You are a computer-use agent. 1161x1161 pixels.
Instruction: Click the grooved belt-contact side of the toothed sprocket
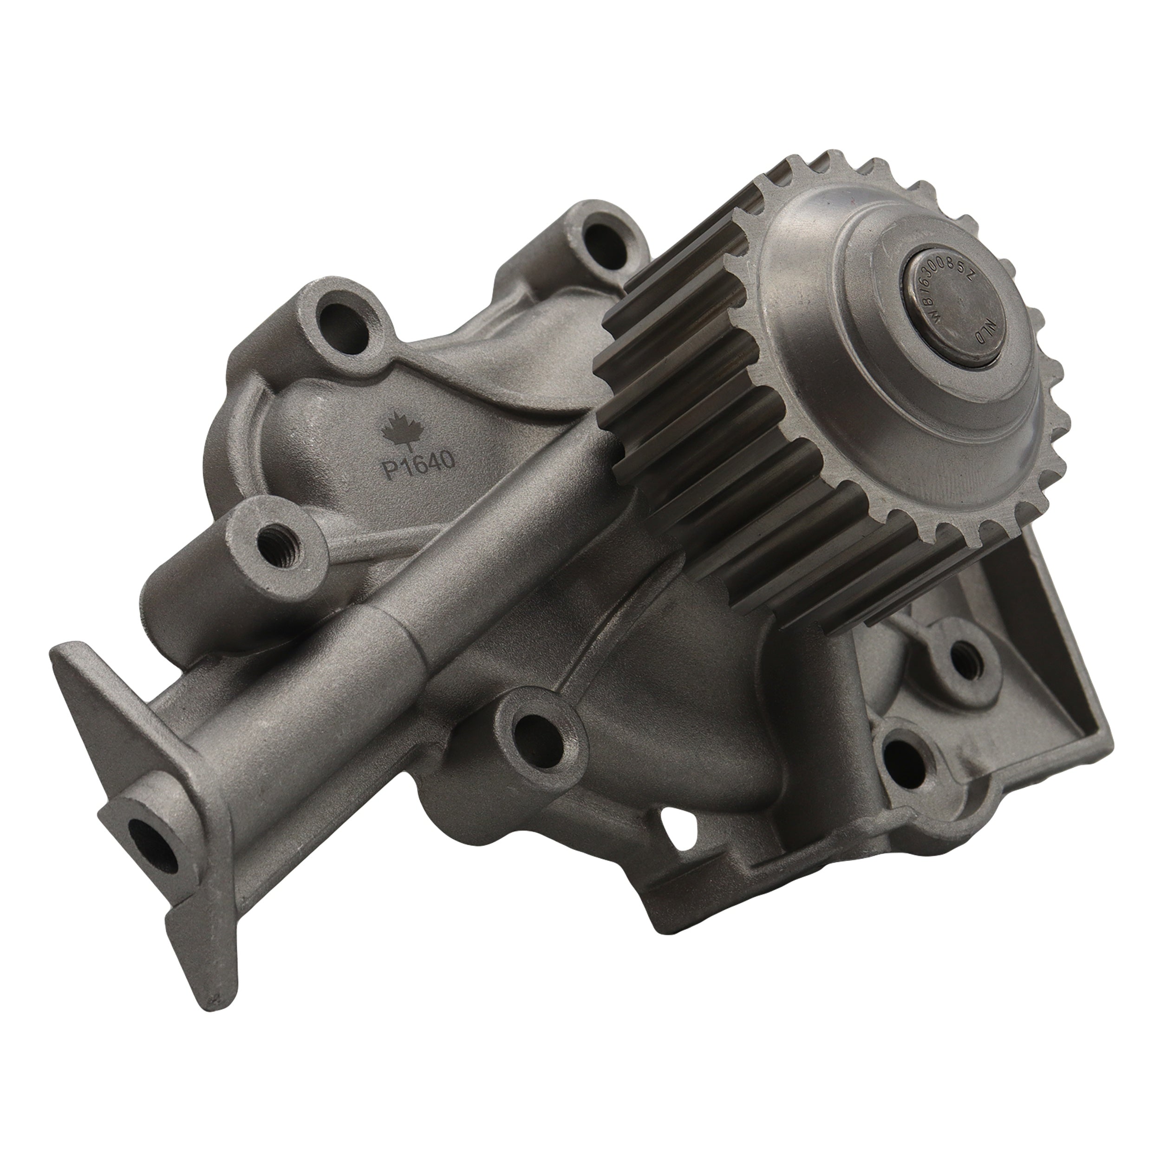721,469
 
